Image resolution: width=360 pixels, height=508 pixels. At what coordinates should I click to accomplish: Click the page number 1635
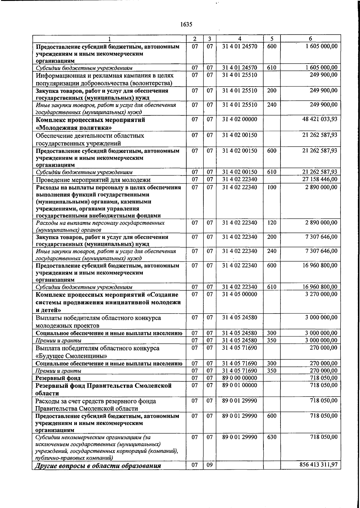(x=186, y=25)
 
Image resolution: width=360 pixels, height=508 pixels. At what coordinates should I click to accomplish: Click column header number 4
(x=240, y=39)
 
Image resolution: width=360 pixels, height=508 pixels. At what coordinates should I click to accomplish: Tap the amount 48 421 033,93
(x=320, y=119)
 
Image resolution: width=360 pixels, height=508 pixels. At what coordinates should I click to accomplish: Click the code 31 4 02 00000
(x=240, y=119)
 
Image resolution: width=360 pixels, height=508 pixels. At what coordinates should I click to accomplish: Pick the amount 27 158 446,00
(x=320, y=179)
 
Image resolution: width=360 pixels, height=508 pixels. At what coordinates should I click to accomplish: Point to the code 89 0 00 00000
(x=240, y=378)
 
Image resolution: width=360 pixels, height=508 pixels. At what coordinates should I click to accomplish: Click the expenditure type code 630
(x=271, y=437)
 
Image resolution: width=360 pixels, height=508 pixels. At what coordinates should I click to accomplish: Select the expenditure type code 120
(x=271, y=223)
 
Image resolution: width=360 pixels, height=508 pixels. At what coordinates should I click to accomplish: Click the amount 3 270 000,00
(x=321, y=294)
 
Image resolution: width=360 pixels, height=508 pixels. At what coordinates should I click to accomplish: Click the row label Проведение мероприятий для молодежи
(x=93, y=180)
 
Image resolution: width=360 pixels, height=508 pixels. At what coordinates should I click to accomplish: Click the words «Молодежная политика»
(x=74, y=128)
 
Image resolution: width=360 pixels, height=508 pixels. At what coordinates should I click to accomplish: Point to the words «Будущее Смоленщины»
(x=71, y=356)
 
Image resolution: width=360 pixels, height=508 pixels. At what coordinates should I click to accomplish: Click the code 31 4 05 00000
(x=240, y=294)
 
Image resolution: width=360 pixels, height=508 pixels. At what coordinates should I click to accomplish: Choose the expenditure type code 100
(x=271, y=187)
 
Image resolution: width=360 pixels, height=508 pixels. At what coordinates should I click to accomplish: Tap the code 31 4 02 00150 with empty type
(x=240, y=135)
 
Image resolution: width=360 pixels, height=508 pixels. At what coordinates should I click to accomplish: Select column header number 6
(x=310, y=39)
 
